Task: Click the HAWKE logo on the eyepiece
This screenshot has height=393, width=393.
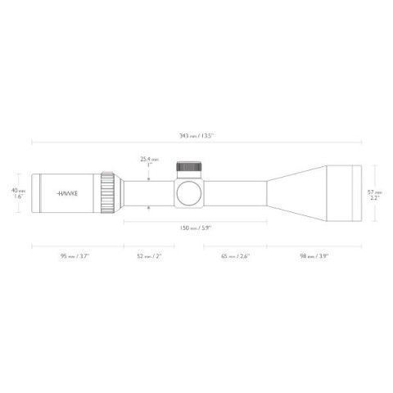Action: tap(68, 194)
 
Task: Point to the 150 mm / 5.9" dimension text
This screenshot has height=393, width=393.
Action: tap(196, 228)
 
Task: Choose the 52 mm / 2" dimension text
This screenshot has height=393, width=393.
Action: tap(149, 257)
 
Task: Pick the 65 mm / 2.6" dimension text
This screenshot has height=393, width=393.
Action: tap(235, 257)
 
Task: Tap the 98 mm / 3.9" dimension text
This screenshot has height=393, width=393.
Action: tap(314, 257)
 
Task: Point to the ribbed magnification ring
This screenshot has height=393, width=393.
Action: tap(108, 193)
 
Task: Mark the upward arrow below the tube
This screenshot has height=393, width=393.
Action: tap(149, 210)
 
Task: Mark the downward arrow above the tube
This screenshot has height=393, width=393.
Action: tap(149, 175)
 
